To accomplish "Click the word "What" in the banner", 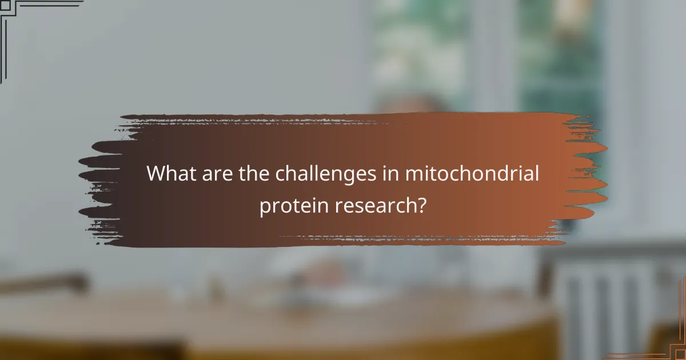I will [x=170, y=174].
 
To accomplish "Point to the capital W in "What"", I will [x=156, y=174].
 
